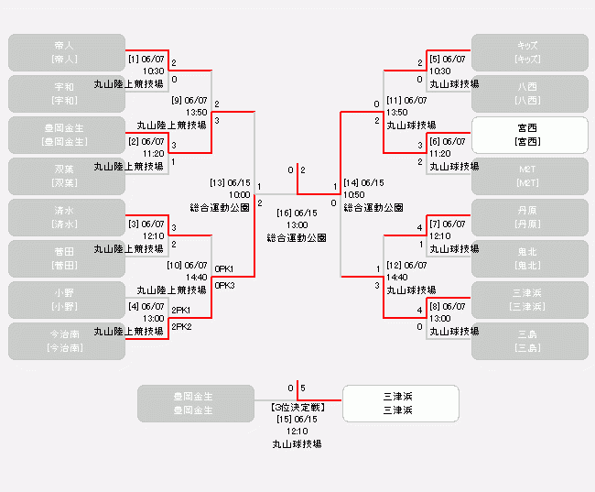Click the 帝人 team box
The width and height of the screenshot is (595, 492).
pos(66,52)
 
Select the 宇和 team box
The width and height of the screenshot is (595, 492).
pos(66,93)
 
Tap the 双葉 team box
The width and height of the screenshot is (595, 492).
pos(66,176)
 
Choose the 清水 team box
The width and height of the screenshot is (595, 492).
pos(66,217)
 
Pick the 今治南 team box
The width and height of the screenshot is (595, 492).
pos(66,341)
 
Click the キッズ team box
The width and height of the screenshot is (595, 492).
pos(529,52)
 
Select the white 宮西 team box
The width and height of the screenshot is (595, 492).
pos(529,135)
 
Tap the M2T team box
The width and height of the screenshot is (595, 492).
pos(529,176)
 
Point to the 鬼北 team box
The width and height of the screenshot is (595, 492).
pos(529,258)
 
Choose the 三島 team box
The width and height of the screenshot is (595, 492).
pos(529,341)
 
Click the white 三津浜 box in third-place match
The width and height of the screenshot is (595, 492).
pos(400,403)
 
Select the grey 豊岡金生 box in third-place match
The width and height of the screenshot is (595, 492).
pos(195,403)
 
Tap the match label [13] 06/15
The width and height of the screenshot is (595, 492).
pos(230,182)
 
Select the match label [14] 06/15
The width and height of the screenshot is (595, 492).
pos(363,182)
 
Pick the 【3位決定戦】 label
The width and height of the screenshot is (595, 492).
pos(297,407)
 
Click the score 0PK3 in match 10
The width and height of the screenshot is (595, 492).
pos(225,285)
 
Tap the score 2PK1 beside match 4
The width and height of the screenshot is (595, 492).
pos(181,310)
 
